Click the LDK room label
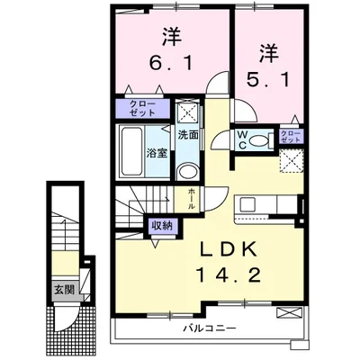click(229, 248)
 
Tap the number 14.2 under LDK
click(229, 274)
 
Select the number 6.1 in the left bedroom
click(170, 62)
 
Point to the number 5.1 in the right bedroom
click(268, 79)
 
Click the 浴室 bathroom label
click(157, 153)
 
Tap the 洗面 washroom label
click(188, 135)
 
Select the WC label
click(242, 139)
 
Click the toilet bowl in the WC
click(259, 140)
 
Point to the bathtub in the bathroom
click(130, 152)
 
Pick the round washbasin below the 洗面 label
click(187, 172)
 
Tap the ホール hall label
click(192, 199)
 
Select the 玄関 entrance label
click(64, 290)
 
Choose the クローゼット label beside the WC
click(291, 137)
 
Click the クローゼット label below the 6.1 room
click(142, 109)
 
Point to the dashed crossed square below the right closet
click(292, 161)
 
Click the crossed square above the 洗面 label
click(187, 112)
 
